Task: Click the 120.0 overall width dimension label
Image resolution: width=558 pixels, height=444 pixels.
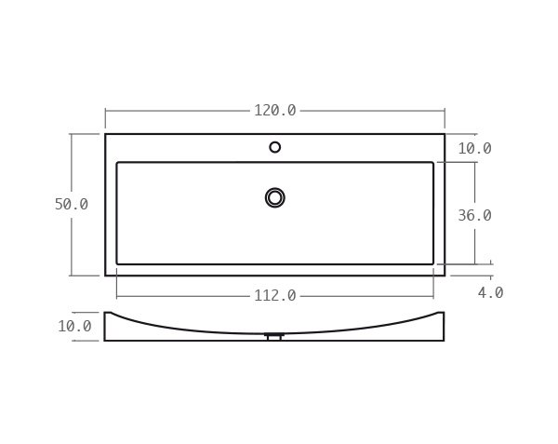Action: pyautogui.click(x=275, y=111)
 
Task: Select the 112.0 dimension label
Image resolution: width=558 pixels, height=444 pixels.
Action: pyautogui.click(x=275, y=296)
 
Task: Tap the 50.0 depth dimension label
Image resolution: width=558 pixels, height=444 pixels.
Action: pyautogui.click(x=71, y=205)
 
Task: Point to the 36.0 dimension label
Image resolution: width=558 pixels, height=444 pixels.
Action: pyautogui.click(x=474, y=216)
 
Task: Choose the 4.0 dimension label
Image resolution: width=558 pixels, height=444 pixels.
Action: pyautogui.click(x=490, y=293)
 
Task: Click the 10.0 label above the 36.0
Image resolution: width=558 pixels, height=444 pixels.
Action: pyautogui.click(x=474, y=149)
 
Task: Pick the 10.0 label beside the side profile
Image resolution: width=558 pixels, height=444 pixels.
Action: pyautogui.click(x=74, y=327)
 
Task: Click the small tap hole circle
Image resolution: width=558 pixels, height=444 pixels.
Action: pyautogui.click(x=275, y=147)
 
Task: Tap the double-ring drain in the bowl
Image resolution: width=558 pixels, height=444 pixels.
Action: pyautogui.click(x=275, y=197)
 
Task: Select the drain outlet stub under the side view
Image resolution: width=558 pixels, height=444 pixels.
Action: pyautogui.click(x=274, y=337)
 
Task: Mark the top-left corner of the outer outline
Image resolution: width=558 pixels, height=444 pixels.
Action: pyautogui.click(x=106, y=135)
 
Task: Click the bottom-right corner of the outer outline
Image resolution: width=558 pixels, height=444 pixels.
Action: pyautogui.click(x=445, y=276)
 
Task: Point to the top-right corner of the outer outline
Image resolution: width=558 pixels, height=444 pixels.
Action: pyautogui.click(x=445, y=135)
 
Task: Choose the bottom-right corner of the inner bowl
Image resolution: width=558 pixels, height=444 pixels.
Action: pyautogui.click(x=432, y=263)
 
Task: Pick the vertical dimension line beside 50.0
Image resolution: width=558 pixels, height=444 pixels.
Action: pyautogui.click(x=72, y=168)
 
